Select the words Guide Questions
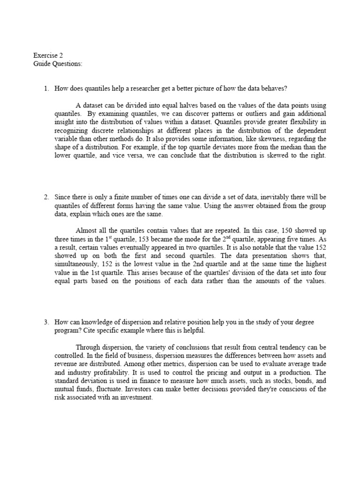click(58, 63)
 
